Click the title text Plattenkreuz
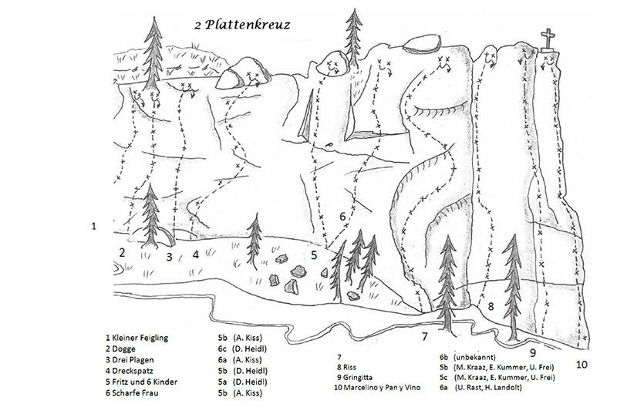point(248,25)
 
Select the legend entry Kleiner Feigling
point(137,338)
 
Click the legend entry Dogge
point(120,349)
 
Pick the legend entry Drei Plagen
point(130,360)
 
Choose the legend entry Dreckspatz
point(130,371)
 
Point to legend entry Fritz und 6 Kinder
point(141,382)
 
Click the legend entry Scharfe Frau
point(132,393)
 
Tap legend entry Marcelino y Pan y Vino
point(377,387)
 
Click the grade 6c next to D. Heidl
point(223,349)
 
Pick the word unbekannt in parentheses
point(474,357)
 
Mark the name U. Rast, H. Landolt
point(488,387)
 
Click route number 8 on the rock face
point(491,306)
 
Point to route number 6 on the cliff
point(342,217)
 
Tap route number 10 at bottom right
point(582,365)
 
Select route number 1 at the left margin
point(93,226)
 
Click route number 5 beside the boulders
point(314,255)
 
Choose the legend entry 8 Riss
point(346,367)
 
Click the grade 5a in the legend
point(223,382)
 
